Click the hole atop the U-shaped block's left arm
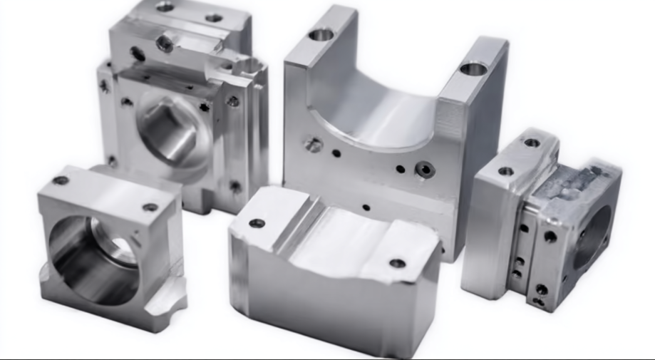pos(321,34)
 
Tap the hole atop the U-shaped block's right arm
pos(473,69)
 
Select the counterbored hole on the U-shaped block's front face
pos(426,169)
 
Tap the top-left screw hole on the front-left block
pos(61,180)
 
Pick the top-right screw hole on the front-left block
pos(150,207)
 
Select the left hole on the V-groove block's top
pos(257,223)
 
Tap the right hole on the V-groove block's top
pos(397,263)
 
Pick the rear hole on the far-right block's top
pos(532,143)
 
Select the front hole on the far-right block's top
pos(505,171)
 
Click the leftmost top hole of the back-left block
pos(165,6)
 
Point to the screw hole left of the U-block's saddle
pos(313,145)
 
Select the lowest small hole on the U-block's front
pos(366,207)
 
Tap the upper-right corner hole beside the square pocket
pos(232,101)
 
